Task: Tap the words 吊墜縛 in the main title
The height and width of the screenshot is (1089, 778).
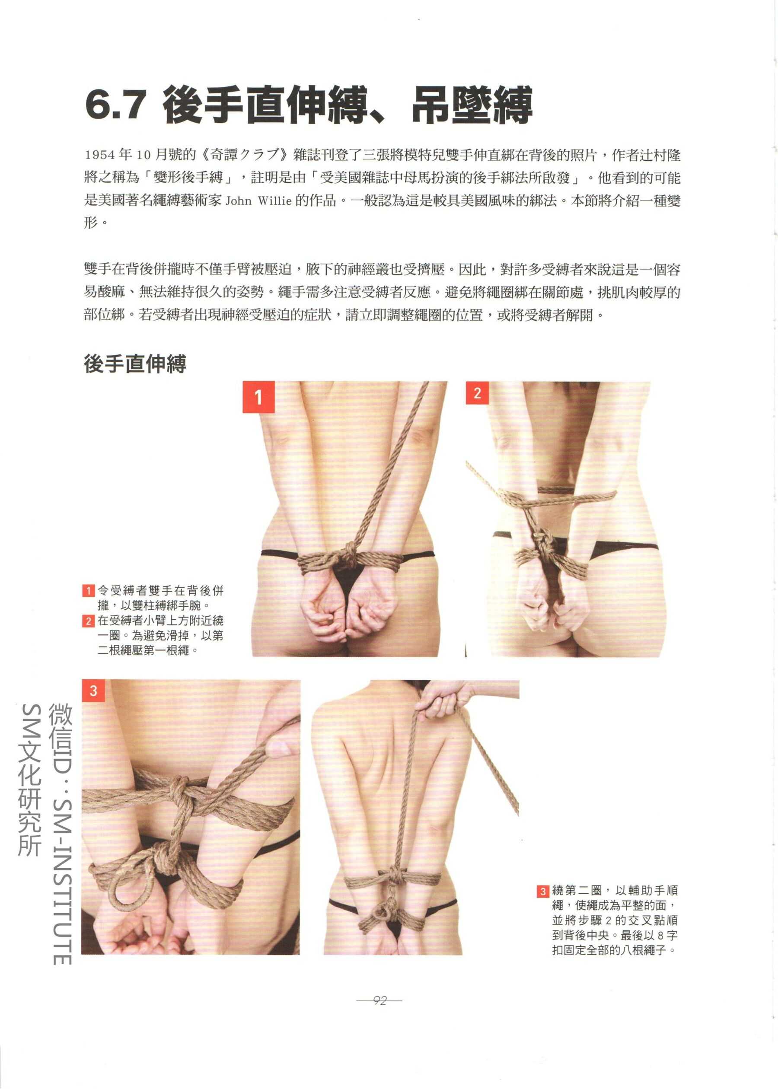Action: pos(472,105)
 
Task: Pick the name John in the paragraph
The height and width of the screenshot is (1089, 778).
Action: pos(238,201)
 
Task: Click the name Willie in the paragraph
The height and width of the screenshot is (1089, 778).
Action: pos(274,201)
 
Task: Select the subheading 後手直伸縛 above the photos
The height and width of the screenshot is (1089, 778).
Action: pos(135,364)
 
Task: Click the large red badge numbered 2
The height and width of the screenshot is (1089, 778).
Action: pos(477,393)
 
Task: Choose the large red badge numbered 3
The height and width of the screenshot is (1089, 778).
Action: pos(93,691)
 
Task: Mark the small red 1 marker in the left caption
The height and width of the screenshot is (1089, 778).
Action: pos(88,590)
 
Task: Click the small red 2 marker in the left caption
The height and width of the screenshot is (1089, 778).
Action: pos(88,621)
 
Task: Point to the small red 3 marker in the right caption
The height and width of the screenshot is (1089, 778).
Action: pos(543,891)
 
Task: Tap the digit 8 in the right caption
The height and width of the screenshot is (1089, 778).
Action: pos(661,935)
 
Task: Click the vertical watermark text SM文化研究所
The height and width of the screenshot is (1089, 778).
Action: pos(30,780)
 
